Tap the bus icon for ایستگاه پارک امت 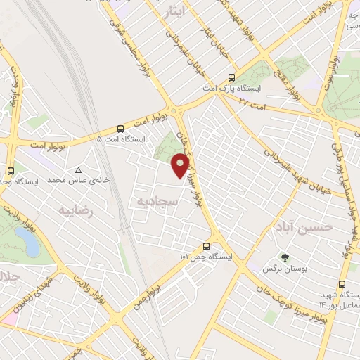pos(233,79)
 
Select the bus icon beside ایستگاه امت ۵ pos(121,129)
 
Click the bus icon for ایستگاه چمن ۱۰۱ pos(206,246)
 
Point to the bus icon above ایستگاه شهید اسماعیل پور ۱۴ pos(342,285)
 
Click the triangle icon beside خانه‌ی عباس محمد pos(79,170)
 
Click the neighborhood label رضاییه pos(77,210)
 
